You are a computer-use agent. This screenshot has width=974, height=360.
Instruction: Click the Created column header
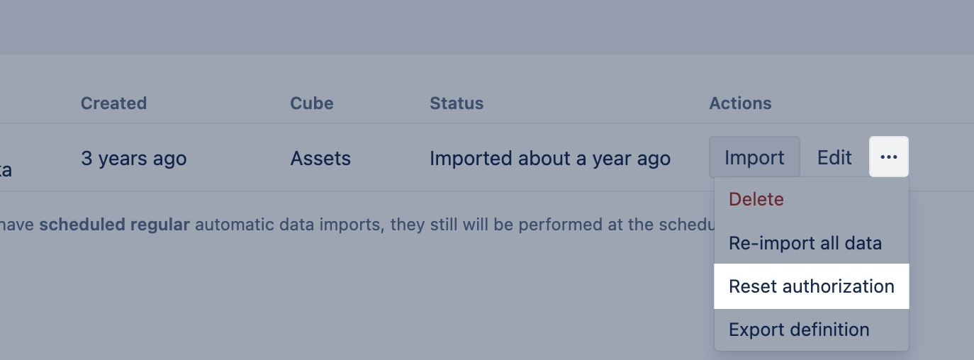(x=113, y=103)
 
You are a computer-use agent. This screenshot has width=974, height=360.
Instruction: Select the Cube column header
(x=312, y=103)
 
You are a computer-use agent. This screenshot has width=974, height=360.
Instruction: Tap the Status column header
(x=457, y=103)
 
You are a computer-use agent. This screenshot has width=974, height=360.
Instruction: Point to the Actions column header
(x=740, y=103)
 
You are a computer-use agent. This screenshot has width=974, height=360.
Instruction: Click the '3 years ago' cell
(x=134, y=158)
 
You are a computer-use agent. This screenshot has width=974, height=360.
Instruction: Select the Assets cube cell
(x=320, y=158)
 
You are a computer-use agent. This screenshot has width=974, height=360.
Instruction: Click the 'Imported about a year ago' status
(x=550, y=158)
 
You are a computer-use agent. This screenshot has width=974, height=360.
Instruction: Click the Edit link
(x=834, y=157)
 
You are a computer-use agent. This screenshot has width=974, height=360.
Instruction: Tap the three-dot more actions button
(x=889, y=157)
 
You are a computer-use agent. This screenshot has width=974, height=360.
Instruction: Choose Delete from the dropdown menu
(x=756, y=199)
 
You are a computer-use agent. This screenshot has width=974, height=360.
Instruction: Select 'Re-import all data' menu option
(x=805, y=243)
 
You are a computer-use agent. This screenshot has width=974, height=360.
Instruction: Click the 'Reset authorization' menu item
(x=812, y=286)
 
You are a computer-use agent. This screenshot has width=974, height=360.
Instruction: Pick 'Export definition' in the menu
(x=799, y=330)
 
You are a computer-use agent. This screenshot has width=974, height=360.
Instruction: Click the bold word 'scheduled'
(x=82, y=225)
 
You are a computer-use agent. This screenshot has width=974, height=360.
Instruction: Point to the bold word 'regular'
(x=160, y=225)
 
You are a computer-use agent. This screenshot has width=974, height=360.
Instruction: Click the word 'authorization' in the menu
(x=839, y=286)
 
